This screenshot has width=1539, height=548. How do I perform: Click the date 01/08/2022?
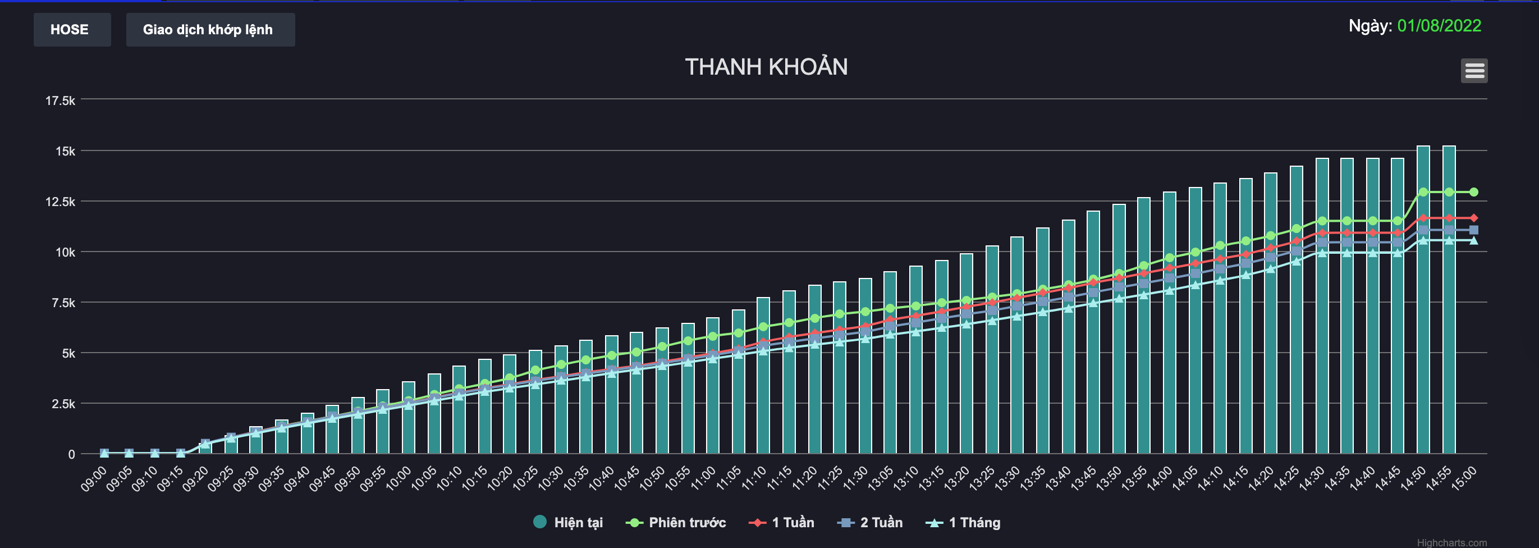click(x=1439, y=26)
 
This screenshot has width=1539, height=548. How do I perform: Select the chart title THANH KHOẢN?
click(x=766, y=67)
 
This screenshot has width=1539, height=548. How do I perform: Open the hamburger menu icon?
click(x=1474, y=71)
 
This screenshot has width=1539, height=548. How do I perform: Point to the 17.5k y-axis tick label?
click(x=61, y=101)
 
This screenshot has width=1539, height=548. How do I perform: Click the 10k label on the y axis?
click(x=65, y=252)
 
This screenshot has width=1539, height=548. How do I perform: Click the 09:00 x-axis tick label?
click(x=94, y=479)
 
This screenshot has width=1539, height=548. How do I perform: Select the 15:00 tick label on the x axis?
click(x=1464, y=479)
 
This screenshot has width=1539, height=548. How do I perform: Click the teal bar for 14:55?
click(x=1449, y=299)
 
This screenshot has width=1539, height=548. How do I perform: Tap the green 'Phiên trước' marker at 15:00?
click(x=1474, y=192)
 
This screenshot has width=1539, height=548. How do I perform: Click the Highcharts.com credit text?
click(x=1451, y=542)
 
